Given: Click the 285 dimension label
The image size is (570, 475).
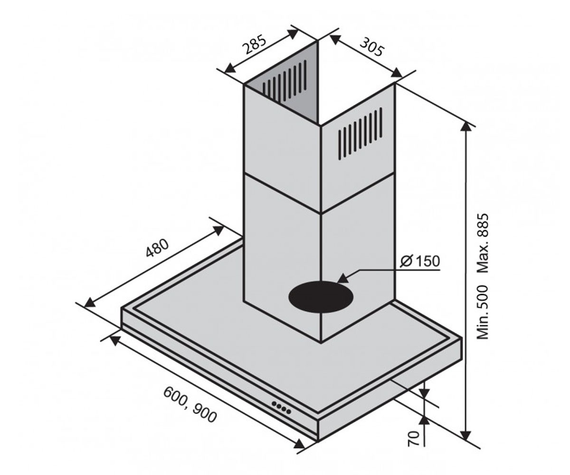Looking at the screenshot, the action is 255,45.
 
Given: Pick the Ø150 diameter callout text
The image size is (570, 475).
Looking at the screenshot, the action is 420,261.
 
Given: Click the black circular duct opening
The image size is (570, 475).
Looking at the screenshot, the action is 321,297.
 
